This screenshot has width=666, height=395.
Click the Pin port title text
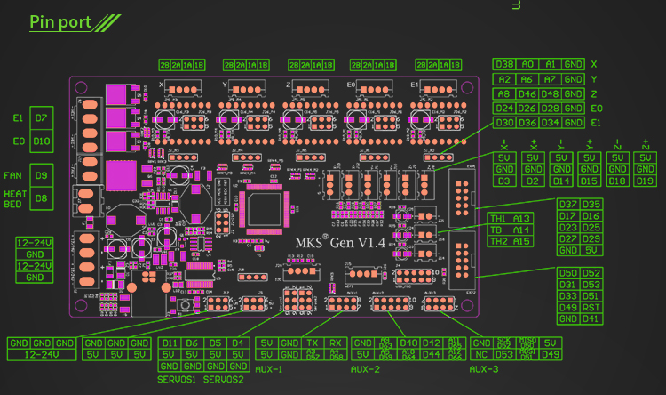click(60, 22)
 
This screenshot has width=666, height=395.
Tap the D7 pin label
click(41, 118)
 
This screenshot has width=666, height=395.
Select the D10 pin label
click(41, 141)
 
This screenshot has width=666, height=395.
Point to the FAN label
click(14, 176)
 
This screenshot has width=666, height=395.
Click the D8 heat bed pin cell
click(41, 198)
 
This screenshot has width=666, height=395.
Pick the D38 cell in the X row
click(505, 64)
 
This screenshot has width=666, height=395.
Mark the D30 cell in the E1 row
click(505, 123)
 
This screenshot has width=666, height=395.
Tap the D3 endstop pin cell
click(505, 181)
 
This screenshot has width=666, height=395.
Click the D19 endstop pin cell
click(645, 181)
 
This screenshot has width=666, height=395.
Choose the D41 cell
click(591, 318)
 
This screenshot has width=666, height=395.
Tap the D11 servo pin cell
click(170, 343)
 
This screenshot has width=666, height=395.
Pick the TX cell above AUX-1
click(312, 343)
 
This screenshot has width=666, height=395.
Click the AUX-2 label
click(367, 368)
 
